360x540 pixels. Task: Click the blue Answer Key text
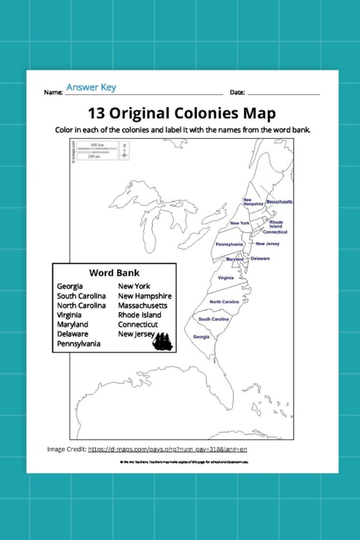click(x=91, y=88)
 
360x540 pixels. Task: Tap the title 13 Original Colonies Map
click(x=181, y=113)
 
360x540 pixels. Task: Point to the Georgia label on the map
click(x=201, y=336)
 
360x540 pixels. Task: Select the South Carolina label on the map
click(x=213, y=319)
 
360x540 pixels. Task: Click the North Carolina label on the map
click(x=225, y=302)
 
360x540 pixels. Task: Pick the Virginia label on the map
click(x=226, y=277)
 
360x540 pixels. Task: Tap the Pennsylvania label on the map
click(x=229, y=244)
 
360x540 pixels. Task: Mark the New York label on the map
click(x=240, y=223)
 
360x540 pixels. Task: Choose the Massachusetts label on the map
click(x=279, y=202)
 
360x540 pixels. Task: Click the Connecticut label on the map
click(x=275, y=232)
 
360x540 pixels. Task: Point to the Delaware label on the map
click(x=260, y=258)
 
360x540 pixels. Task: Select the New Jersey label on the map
click(x=267, y=244)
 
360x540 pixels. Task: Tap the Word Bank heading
click(x=114, y=273)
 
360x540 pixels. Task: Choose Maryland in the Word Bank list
click(x=73, y=324)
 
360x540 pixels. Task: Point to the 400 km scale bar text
click(x=97, y=144)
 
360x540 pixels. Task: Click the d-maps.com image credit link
click(x=168, y=449)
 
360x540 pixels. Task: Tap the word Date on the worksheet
click(x=237, y=92)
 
